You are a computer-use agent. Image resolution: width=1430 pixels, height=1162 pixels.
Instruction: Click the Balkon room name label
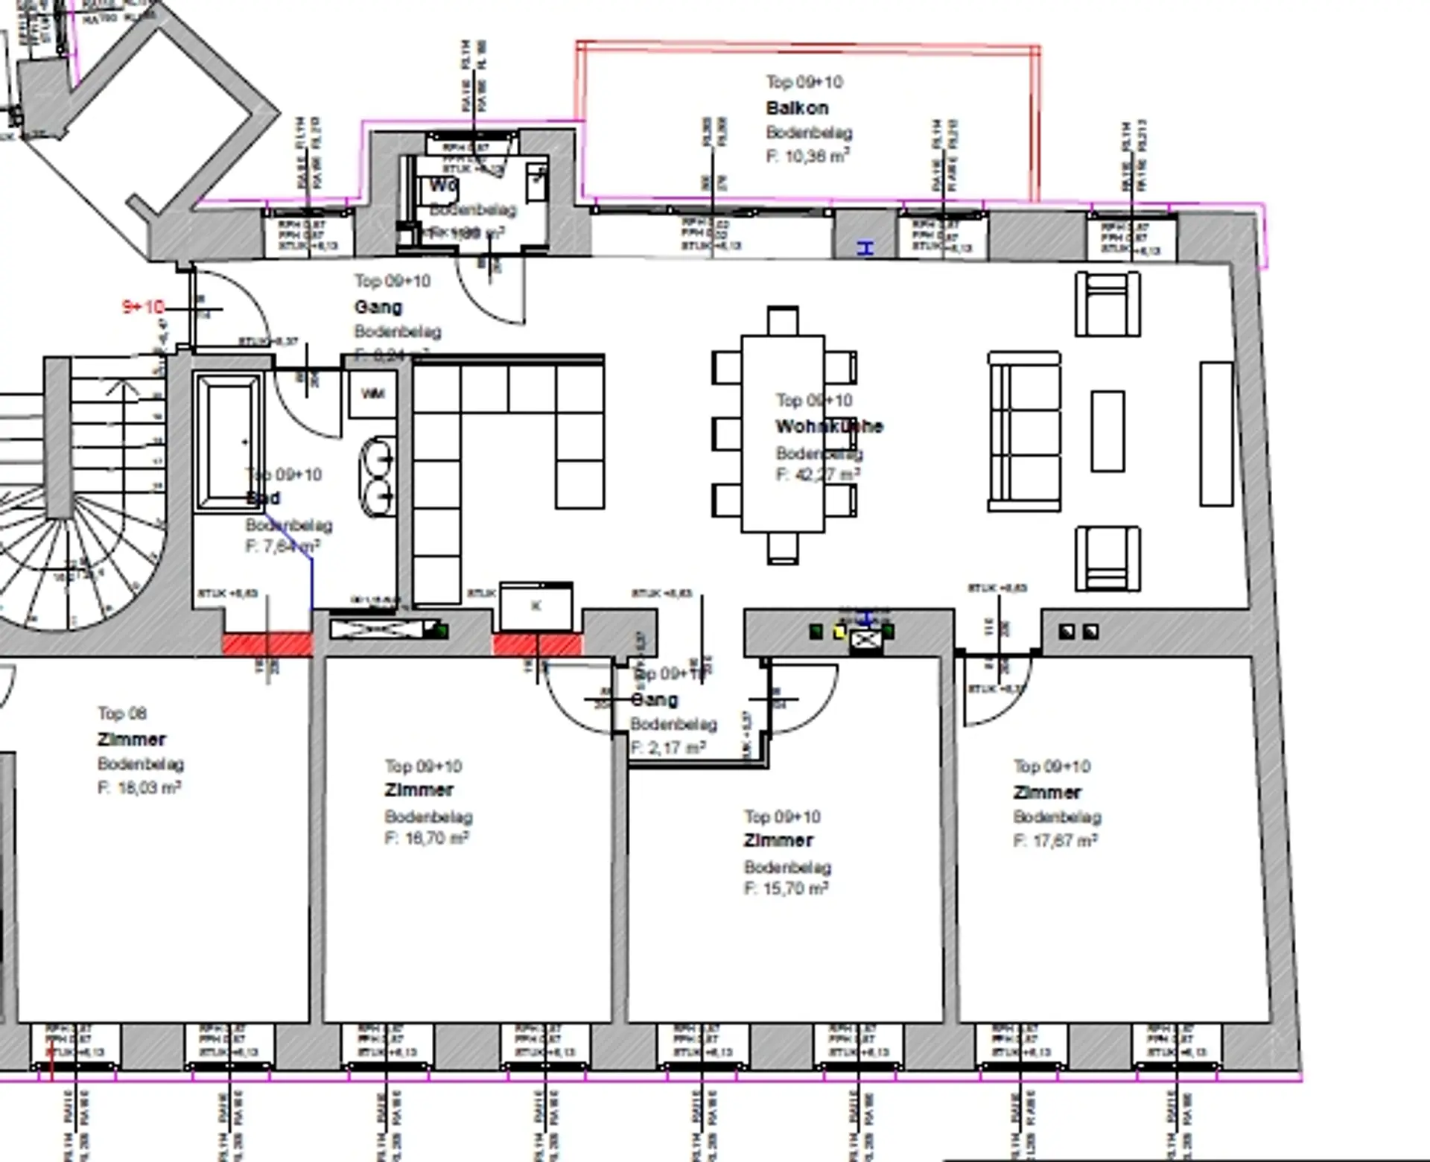797,108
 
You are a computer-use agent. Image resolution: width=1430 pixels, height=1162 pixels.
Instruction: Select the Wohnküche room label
828,427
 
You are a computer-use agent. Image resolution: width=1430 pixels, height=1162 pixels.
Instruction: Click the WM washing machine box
372,393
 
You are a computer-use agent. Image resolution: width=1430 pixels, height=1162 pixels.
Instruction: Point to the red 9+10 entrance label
143,307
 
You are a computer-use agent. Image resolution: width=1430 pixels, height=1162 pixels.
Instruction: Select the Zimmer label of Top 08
131,740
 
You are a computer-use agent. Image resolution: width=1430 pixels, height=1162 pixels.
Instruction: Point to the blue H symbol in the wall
865,248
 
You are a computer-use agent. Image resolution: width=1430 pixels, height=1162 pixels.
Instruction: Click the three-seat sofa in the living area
1025,432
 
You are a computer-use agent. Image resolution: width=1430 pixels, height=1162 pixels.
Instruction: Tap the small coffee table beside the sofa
1108,431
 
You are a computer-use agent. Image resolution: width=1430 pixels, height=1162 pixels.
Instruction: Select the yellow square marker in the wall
839,632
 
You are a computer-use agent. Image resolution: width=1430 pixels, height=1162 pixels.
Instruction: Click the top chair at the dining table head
783,320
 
